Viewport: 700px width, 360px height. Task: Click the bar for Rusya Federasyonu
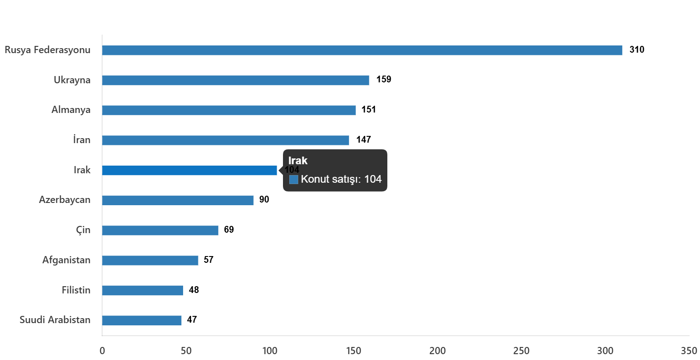[x=362, y=50]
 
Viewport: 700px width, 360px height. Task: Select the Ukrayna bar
[x=235, y=81]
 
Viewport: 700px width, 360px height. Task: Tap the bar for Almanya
[x=229, y=110]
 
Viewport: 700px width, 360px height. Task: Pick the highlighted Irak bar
[x=189, y=171]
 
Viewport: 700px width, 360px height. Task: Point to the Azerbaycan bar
[x=178, y=200]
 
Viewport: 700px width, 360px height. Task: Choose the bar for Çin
[x=160, y=230]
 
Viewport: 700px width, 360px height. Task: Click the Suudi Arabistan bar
[x=142, y=320]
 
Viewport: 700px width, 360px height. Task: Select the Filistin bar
[x=142, y=290]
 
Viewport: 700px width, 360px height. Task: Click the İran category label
[x=82, y=140]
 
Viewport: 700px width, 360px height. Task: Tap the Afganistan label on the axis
[x=67, y=260]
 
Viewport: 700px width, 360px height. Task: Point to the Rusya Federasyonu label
[x=48, y=50]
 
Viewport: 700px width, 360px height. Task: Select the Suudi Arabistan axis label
[x=55, y=320]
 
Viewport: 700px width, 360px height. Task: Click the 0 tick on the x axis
[x=102, y=351]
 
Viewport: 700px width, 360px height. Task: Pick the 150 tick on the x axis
[x=354, y=351]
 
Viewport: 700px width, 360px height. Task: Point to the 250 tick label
[x=521, y=351]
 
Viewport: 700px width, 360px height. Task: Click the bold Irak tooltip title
[x=298, y=161]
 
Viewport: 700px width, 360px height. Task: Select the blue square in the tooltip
[x=294, y=180]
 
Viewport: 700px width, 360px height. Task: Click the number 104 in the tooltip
[x=373, y=179]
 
